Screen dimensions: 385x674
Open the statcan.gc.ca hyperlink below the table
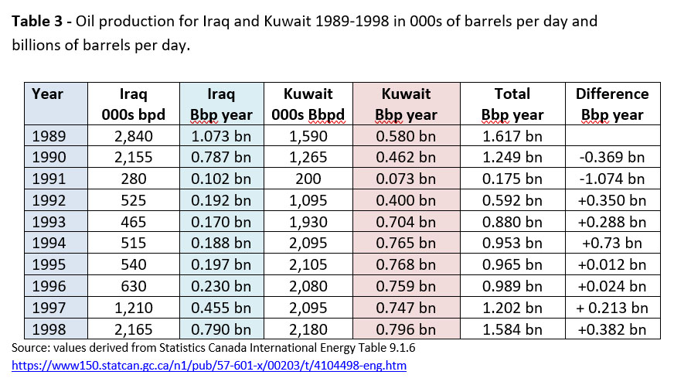(x=209, y=364)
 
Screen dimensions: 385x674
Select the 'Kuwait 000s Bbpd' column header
(x=308, y=104)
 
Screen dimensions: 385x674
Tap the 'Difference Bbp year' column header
(x=612, y=104)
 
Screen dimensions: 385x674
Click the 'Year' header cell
(x=48, y=94)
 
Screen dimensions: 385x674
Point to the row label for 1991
(x=50, y=179)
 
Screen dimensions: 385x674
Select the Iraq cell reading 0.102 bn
(x=221, y=179)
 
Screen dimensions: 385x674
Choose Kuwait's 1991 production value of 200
(x=308, y=179)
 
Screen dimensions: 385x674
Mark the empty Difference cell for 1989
(x=612, y=136)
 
